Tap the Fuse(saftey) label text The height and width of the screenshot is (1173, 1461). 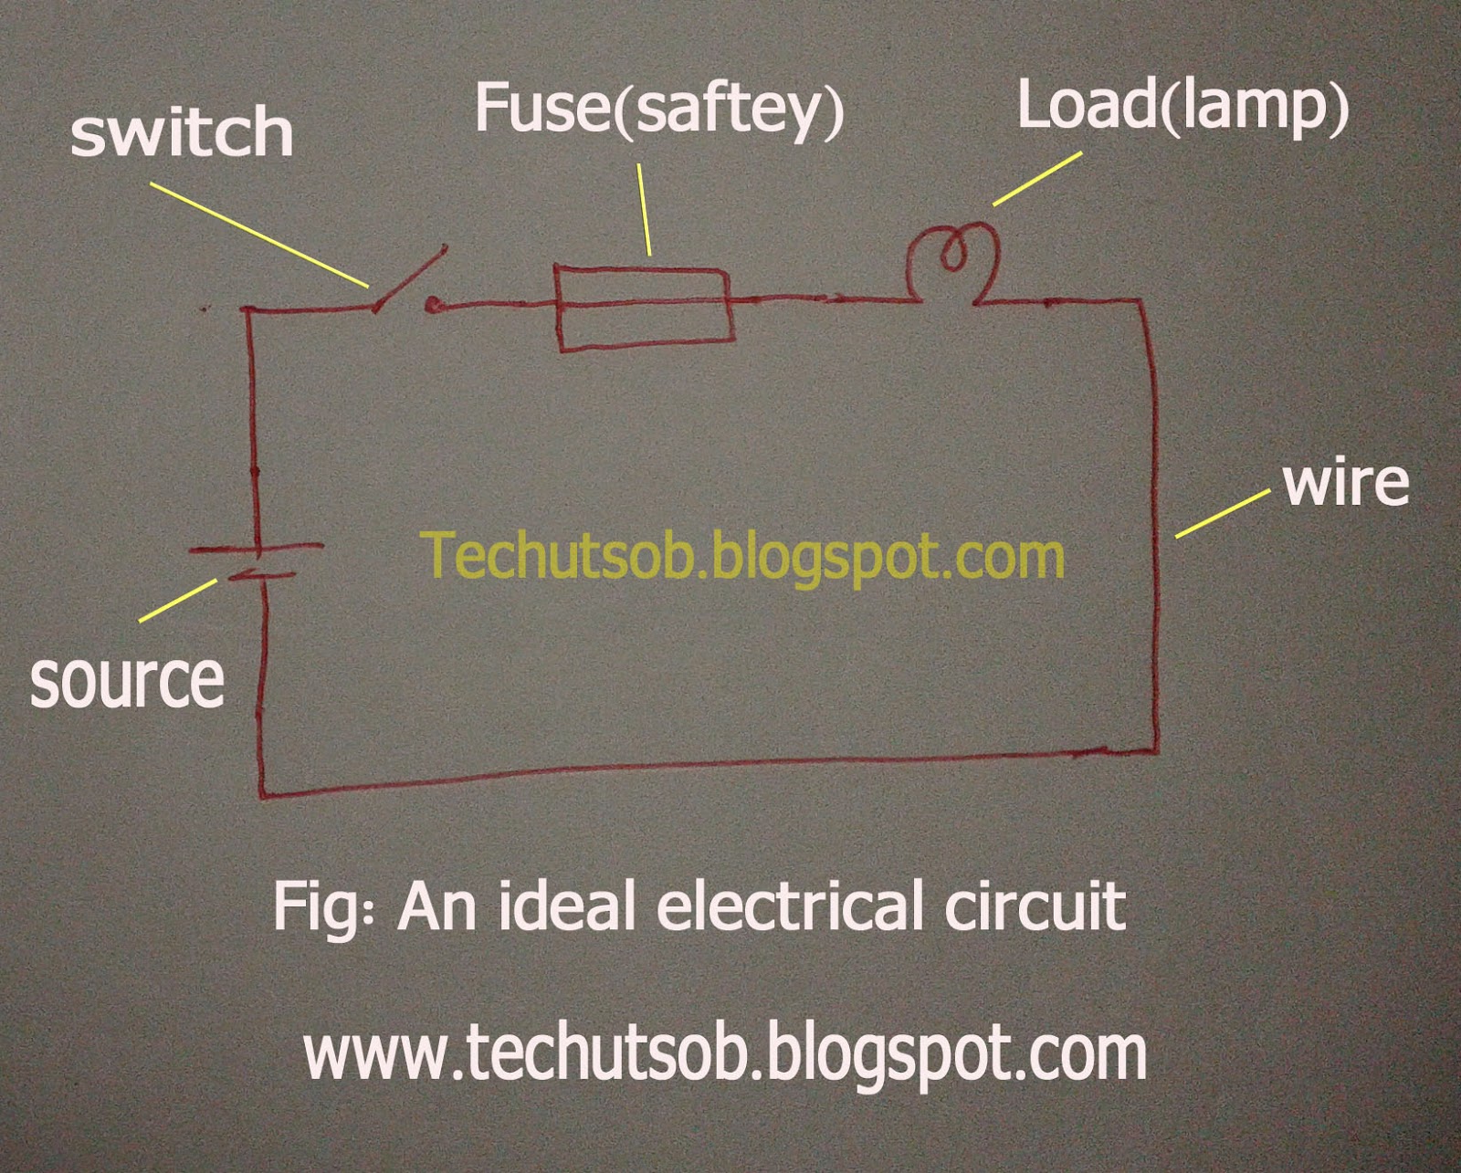(658, 110)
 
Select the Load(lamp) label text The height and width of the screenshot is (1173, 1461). (1182, 107)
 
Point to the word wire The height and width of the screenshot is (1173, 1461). (1346, 483)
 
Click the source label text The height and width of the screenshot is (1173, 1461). (127, 681)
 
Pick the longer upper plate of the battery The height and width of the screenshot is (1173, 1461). (257, 549)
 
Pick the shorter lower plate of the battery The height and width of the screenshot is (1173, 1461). (260, 576)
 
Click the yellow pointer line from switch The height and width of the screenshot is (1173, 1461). (259, 235)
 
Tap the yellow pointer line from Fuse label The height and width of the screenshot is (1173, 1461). (645, 209)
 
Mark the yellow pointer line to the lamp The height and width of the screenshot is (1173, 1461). (1036, 179)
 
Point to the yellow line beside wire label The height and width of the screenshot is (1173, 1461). (1222, 513)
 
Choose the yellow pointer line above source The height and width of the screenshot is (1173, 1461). (178, 601)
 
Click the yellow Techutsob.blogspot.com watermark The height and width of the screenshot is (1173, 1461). (742, 556)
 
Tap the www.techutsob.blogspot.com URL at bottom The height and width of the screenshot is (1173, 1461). (725, 1053)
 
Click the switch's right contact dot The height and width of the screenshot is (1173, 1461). (433, 307)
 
